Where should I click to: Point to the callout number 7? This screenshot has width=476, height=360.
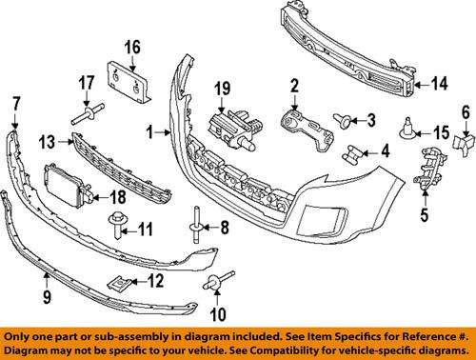pos(15,101)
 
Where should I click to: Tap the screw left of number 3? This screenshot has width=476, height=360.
pos(342,120)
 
